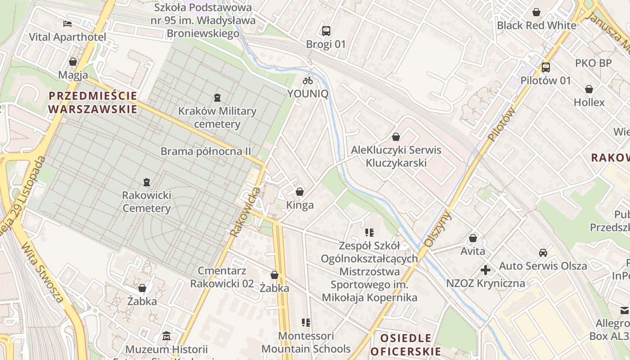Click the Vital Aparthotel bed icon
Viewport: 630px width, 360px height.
[x=67, y=23]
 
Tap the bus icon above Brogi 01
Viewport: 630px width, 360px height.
[x=326, y=31]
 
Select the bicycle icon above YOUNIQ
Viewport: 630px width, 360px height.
[x=308, y=81]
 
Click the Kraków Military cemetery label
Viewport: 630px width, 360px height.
[x=217, y=117]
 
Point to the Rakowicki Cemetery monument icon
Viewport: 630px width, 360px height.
[x=146, y=182]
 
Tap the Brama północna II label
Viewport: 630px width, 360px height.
[x=206, y=151]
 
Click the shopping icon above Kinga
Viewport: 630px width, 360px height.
[x=300, y=192]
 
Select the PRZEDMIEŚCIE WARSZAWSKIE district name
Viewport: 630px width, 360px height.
[x=93, y=102]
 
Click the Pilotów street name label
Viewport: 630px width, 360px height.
[x=501, y=125]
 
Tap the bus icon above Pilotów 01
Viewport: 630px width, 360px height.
[x=545, y=67]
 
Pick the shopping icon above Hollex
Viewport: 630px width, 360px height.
[x=589, y=89]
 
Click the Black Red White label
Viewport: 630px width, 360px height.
[x=536, y=25]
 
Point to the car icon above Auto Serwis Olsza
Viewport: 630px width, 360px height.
[x=543, y=252]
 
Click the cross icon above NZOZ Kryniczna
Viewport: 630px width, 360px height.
[x=486, y=270]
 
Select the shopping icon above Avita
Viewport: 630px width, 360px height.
[x=473, y=238]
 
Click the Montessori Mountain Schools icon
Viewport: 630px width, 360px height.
[x=306, y=322]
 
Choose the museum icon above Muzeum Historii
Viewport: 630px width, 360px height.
[x=166, y=336]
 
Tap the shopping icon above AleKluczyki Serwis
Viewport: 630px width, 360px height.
[x=396, y=136]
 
